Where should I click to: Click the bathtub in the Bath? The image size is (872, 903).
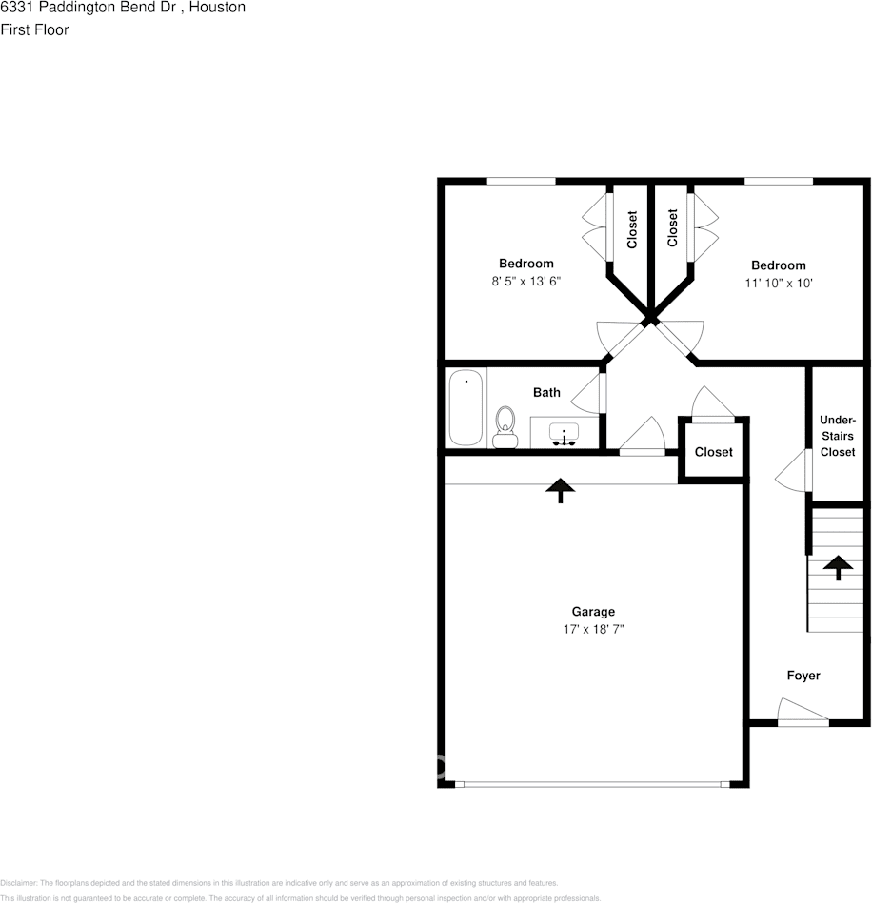[x=466, y=407]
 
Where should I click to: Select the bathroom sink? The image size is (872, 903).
[x=565, y=434]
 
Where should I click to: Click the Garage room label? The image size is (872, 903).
[x=593, y=612]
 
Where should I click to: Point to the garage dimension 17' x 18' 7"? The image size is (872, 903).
[x=593, y=629]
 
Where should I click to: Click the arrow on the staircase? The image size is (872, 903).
[x=838, y=568]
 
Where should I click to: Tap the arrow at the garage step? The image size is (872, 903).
[x=560, y=489]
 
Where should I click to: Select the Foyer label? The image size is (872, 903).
[x=803, y=676]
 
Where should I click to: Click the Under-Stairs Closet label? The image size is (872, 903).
[x=838, y=436]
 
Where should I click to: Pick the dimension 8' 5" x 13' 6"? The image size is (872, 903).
[x=526, y=282]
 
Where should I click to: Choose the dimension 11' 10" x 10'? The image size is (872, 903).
[x=778, y=283]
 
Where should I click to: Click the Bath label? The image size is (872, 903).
[x=546, y=392]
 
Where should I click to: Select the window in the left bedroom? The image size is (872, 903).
[x=521, y=181]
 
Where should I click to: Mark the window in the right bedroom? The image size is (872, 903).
[x=778, y=181]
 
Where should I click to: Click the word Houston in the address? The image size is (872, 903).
[x=215, y=8]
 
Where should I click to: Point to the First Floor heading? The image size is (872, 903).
[x=34, y=29]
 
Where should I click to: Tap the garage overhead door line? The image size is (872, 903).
[x=592, y=784]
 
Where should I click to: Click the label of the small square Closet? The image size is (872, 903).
[x=713, y=452]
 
